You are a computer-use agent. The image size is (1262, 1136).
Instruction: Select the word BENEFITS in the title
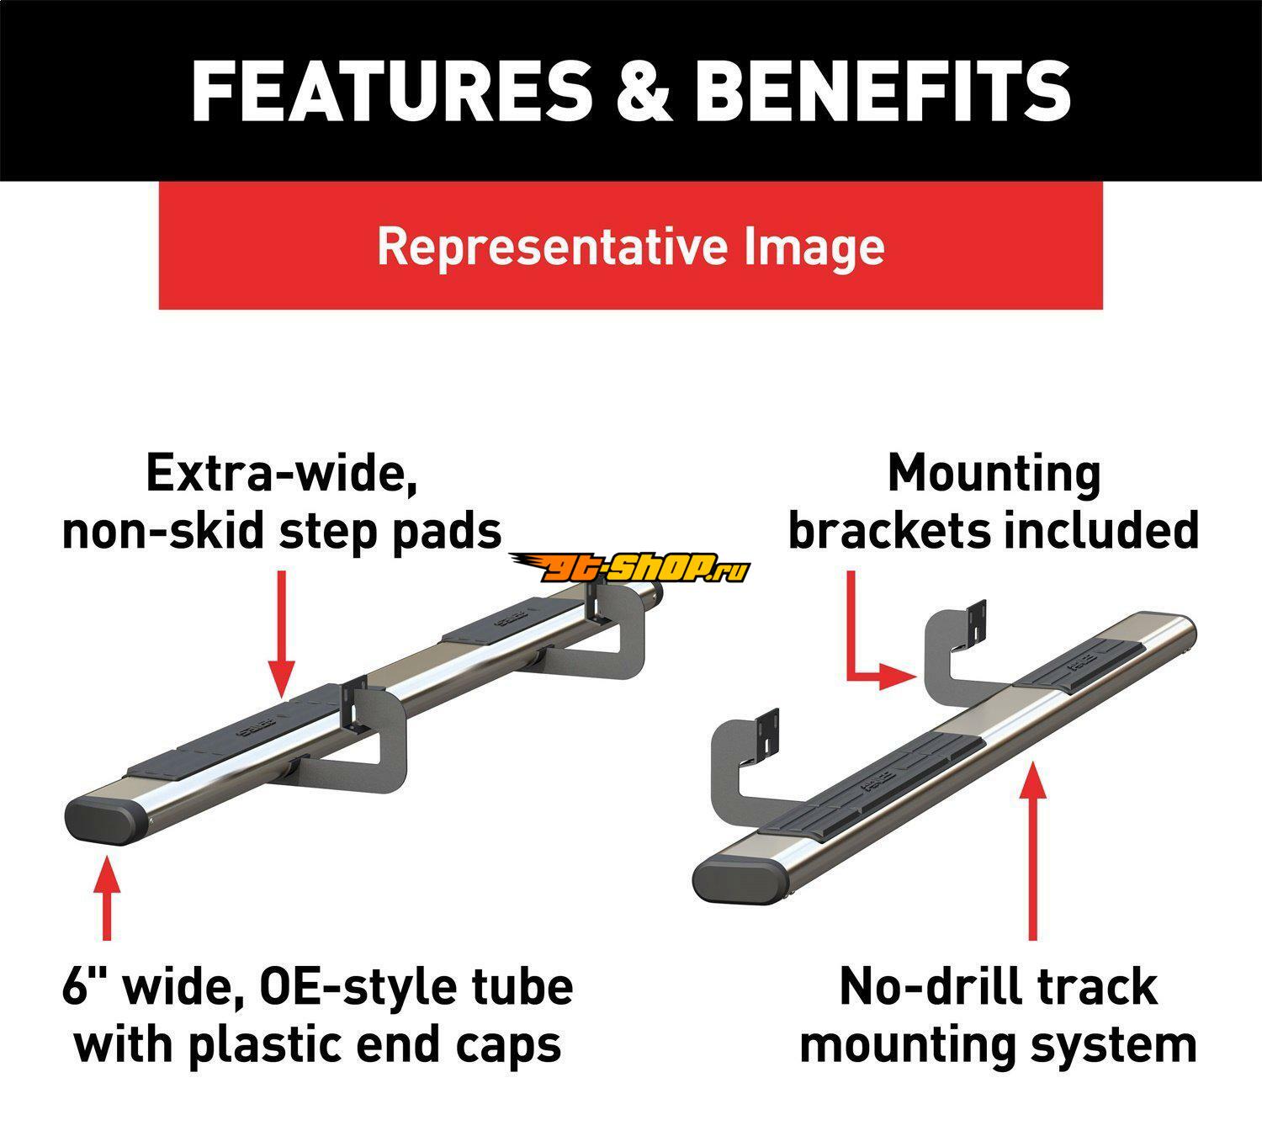point(883,90)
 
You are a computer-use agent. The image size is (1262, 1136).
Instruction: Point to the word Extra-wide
point(282,473)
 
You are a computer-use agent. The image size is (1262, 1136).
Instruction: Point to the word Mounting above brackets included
point(994,473)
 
